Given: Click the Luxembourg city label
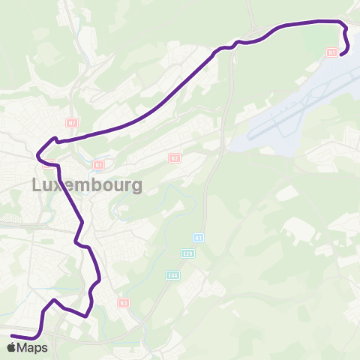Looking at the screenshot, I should coord(86,185).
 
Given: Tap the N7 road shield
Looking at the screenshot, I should coord(72,122).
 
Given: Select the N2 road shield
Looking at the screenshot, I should coord(174,158).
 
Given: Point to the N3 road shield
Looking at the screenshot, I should coord(124,302).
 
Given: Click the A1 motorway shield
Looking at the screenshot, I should coord(199,238).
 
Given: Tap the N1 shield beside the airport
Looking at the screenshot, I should coord(331,52).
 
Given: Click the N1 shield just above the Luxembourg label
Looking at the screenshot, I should coord(99,164).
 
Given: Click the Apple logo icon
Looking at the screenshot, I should coord(10,347).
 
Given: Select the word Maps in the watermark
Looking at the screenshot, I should coord(32,348).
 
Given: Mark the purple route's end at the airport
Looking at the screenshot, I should coord(341,54).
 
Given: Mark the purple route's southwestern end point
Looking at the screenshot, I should coord(12,335).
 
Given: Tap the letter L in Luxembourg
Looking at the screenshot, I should coord(37,185).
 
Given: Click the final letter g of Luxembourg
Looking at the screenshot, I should coord(136,187).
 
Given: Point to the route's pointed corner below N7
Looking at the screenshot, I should coord(55,138).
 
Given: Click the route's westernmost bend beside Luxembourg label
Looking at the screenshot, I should coord(37,156).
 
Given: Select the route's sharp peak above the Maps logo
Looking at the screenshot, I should coord(54,300).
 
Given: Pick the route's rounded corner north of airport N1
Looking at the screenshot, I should coord(343,25).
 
